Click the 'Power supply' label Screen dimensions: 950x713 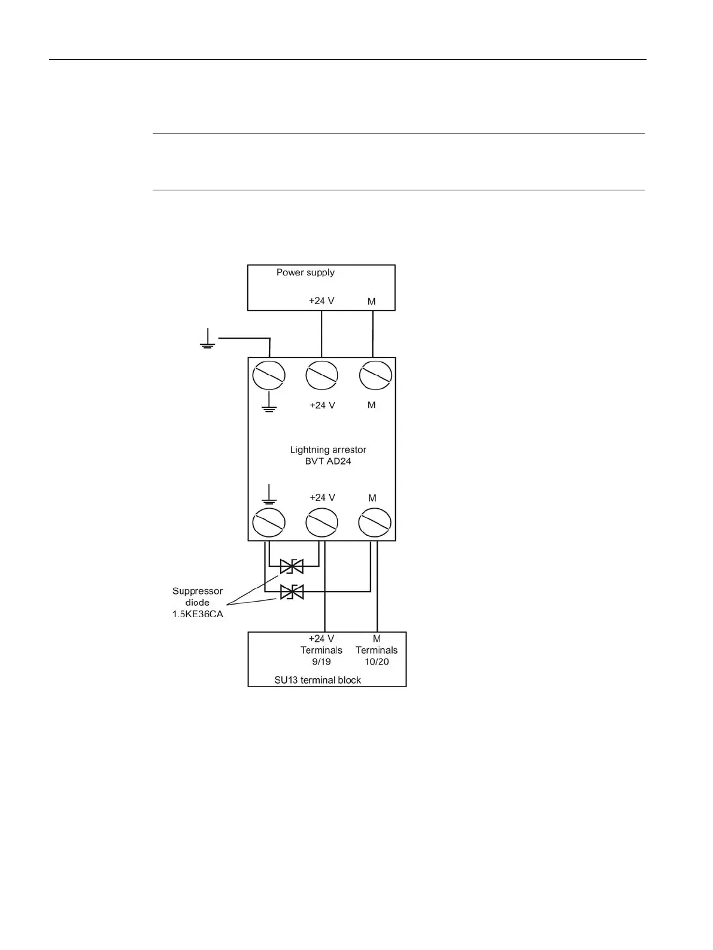[x=305, y=272]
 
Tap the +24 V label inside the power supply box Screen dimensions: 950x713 [x=321, y=301]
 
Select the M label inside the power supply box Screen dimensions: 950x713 [x=372, y=301]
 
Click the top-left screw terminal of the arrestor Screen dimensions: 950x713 [x=269, y=376]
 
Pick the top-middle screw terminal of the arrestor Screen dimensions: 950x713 [x=321, y=376]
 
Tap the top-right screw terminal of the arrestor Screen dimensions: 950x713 [x=375, y=376]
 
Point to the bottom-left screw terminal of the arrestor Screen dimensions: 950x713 [x=269, y=524]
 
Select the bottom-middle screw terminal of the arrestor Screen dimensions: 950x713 [x=321, y=524]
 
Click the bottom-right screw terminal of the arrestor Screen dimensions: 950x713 [x=375, y=524]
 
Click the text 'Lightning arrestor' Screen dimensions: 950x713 [x=328, y=450]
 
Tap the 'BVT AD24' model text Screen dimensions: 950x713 [x=328, y=462]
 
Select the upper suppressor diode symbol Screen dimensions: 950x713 [x=292, y=566]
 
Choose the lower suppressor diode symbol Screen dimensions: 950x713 [x=292, y=591]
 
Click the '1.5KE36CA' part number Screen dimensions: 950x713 [x=198, y=614]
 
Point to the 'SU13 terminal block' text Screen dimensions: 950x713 [x=317, y=680]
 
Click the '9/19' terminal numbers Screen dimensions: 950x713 [x=321, y=661]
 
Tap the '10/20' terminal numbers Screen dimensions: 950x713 [x=377, y=661]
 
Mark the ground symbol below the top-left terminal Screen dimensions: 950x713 [x=269, y=403]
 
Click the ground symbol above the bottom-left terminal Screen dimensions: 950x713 [x=269, y=494]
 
